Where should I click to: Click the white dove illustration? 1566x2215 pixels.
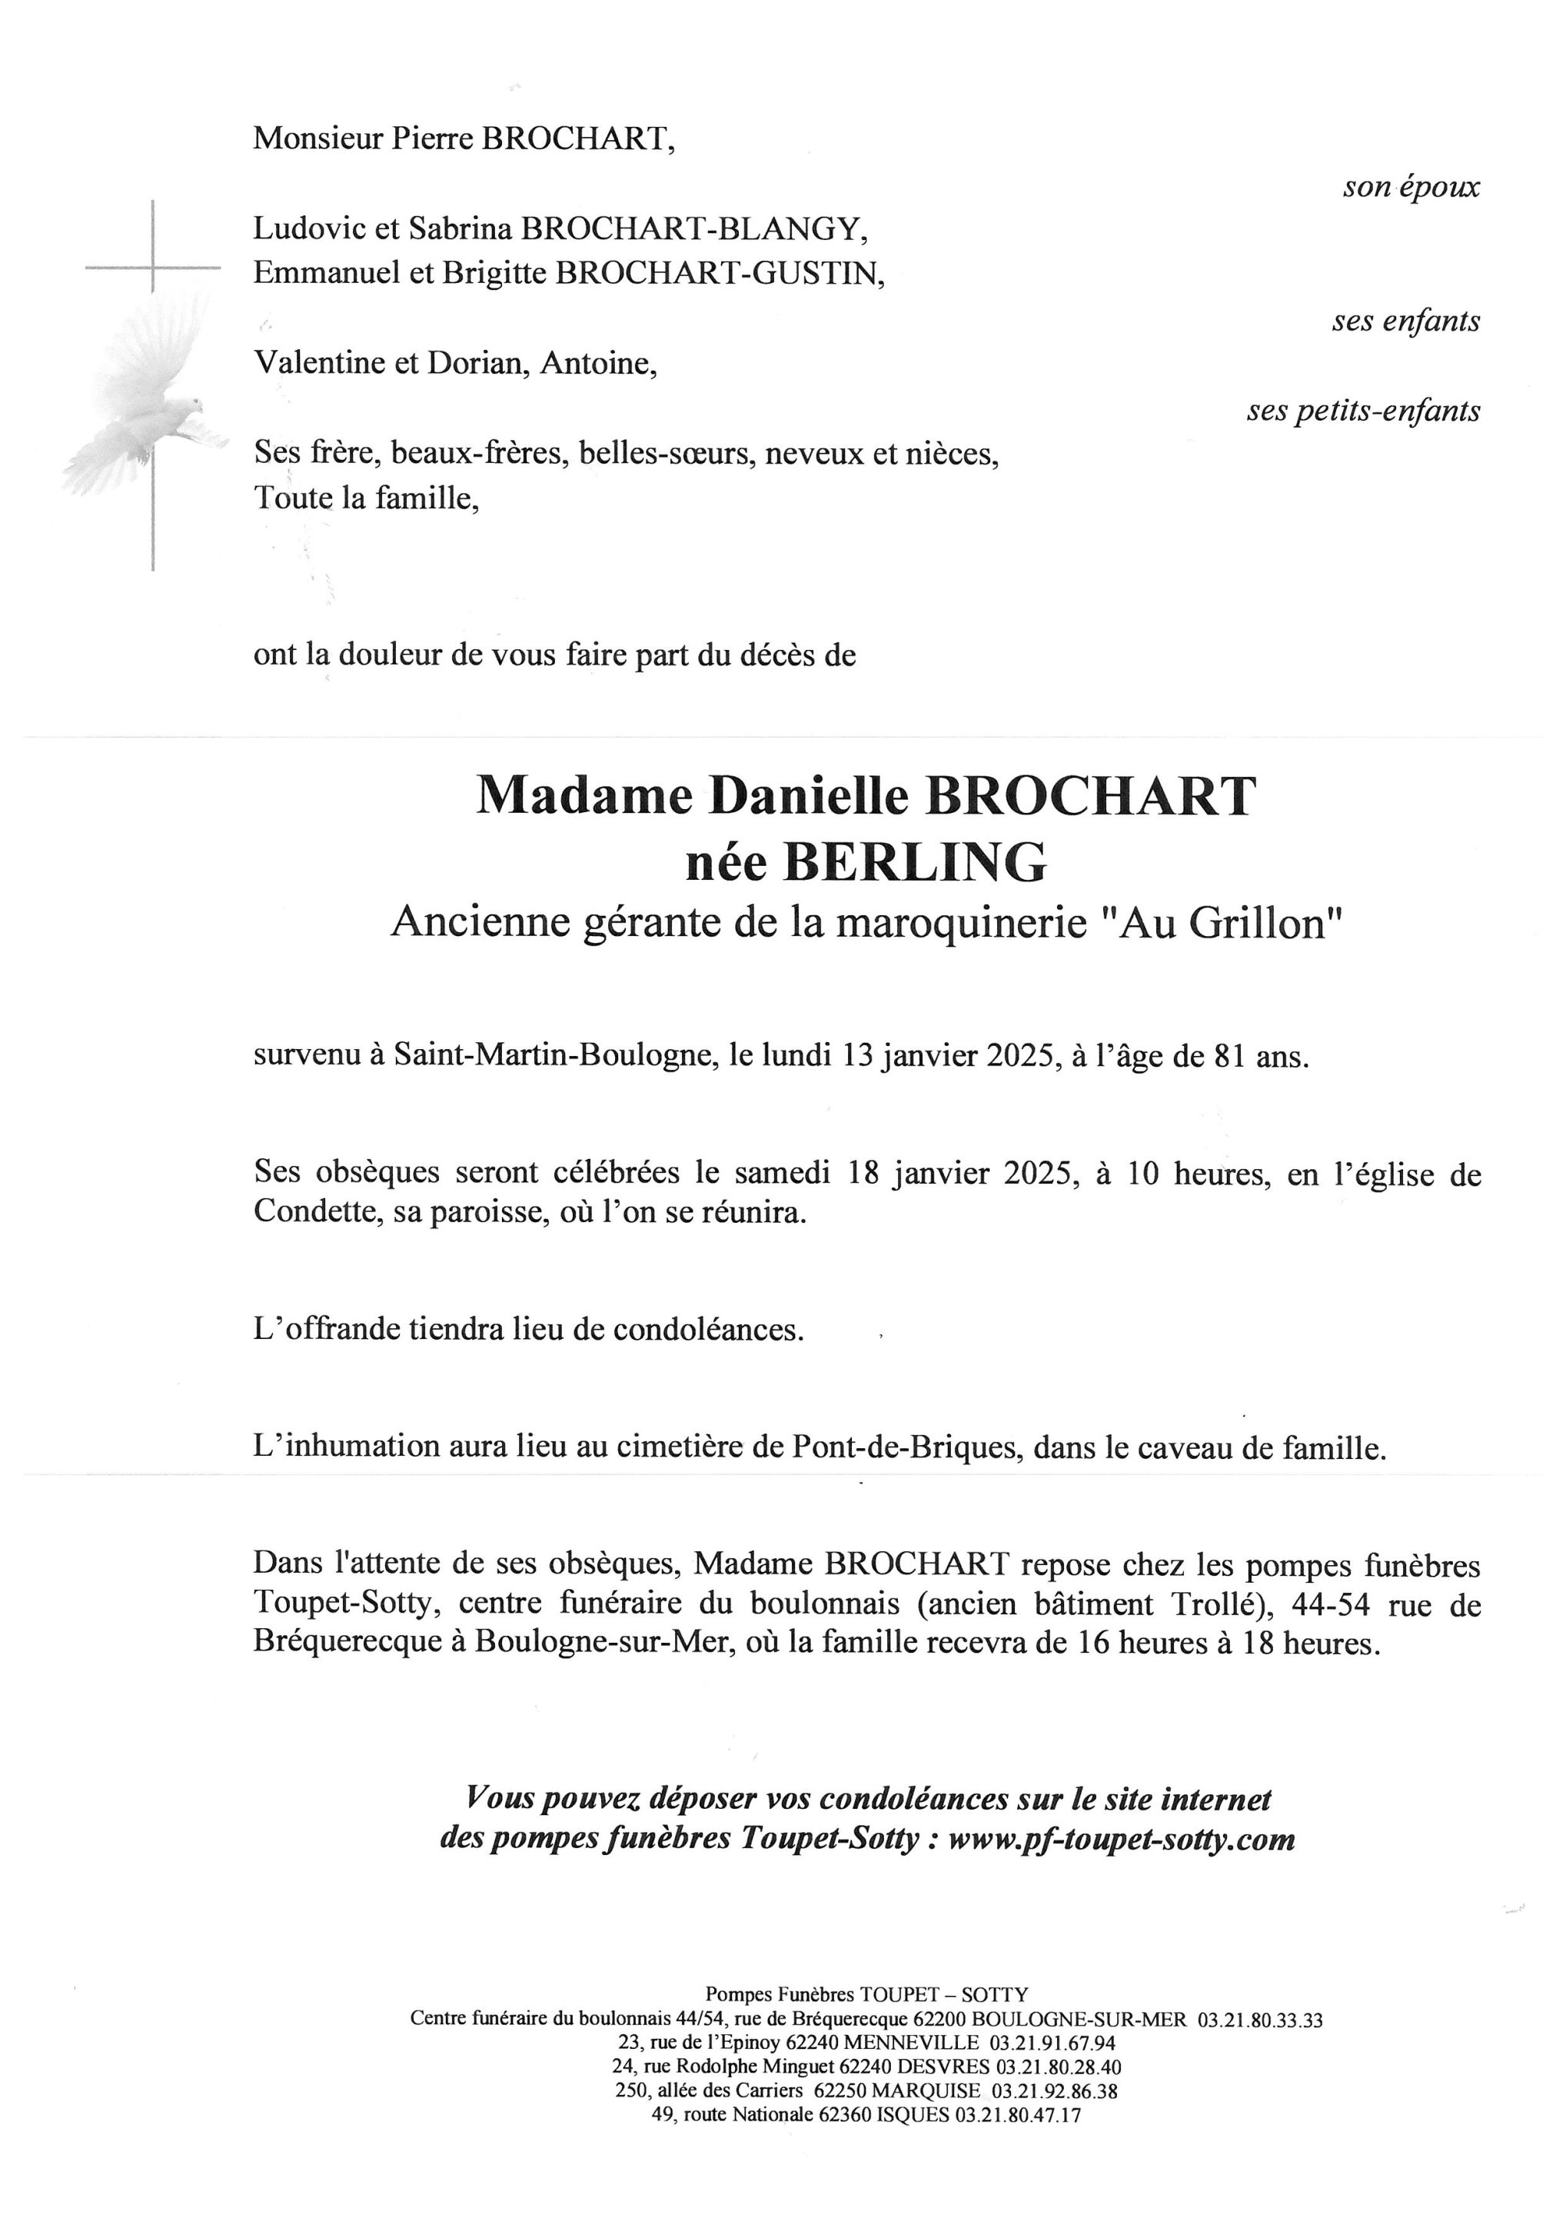145,405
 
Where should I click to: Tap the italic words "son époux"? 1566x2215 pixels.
1411,187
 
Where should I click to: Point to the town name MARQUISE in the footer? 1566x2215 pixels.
926,2090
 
